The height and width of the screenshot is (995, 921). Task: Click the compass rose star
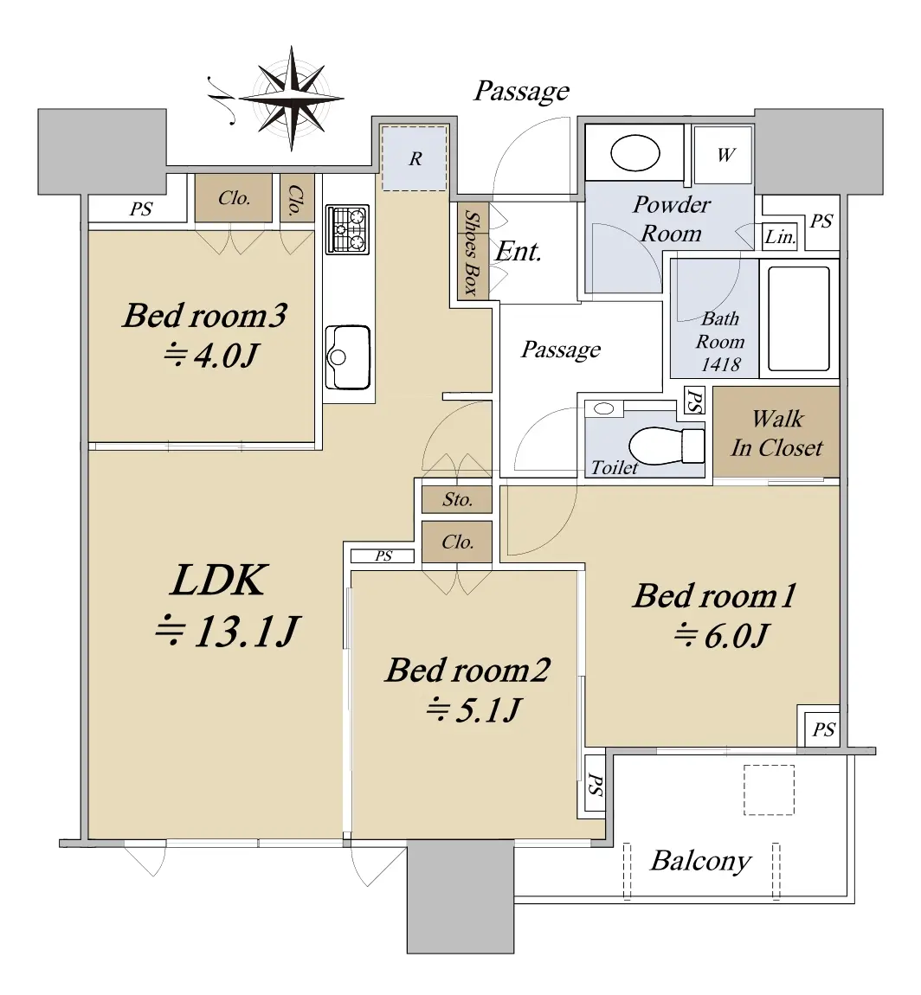click(292, 99)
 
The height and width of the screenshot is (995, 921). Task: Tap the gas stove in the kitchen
click(347, 229)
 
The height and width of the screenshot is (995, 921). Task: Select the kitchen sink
click(347, 357)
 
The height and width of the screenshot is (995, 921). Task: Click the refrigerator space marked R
click(415, 158)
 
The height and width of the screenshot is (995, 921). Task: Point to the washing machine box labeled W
click(724, 155)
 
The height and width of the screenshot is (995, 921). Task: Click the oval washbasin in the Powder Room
click(634, 153)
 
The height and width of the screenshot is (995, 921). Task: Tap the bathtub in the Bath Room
click(799, 318)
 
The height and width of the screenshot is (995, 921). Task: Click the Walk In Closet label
click(777, 433)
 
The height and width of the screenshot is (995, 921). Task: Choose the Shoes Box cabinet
click(473, 251)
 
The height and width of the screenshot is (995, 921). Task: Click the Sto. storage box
click(457, 499)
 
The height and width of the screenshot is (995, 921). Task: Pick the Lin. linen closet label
click(779, 237)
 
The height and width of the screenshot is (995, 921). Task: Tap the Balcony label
click(701, 861)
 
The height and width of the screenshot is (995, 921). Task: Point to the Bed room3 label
click(204, 316)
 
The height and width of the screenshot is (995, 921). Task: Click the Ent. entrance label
click(518, 252)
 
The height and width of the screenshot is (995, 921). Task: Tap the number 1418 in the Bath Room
click(720, 364)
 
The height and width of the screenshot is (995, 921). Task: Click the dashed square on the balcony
click(769, 789)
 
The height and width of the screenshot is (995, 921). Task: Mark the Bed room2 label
click(467, 670)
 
